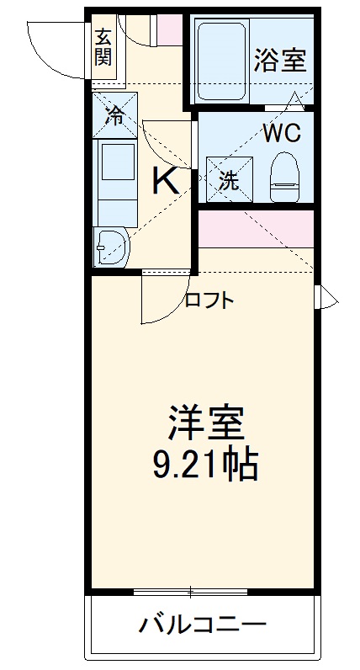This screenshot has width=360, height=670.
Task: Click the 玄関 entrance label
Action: pyautogui.click(x=103, y=47)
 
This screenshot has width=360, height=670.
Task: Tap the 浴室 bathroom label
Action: pyautogui.click(x=281, y=60)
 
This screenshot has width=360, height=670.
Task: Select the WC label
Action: pyautogui.click(x=281, y=133)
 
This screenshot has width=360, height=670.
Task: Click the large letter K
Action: pyautogui.click(x=164, y=179)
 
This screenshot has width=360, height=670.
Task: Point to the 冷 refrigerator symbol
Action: pyautogui.click(x=114, y=116)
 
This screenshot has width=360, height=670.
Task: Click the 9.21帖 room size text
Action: pyautogui.click(x=205, y=464)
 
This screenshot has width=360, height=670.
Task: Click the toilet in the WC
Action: pyautogui.click(x=284, y=177)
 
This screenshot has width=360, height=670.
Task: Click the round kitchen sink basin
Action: pyautogui.click(x=111, y=246)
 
